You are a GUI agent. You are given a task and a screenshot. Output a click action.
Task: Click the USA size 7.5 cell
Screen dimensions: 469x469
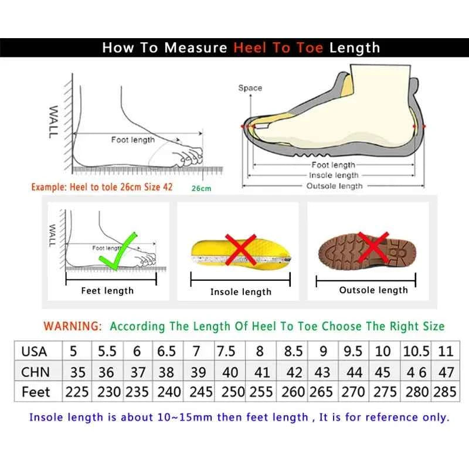pos(227,352)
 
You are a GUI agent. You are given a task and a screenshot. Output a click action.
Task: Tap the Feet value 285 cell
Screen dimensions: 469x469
pos(445,392)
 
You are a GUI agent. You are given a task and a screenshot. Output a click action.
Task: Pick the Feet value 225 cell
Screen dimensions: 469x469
pos(77,392)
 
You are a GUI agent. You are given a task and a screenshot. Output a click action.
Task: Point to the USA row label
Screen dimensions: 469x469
pos(34,352)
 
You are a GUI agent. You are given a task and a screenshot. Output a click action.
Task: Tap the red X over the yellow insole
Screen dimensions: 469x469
pos(240,249)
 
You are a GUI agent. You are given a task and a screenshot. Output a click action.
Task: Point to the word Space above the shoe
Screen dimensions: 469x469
pos(250,88)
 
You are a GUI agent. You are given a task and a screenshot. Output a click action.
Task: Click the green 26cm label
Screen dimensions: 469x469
pos(200,188)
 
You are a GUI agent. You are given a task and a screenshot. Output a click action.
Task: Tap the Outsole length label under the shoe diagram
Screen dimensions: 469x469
pos(335,186)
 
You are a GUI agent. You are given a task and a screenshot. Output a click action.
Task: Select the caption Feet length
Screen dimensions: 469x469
pos(107,290)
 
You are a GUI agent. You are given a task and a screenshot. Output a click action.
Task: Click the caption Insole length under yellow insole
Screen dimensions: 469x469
pos(241,291)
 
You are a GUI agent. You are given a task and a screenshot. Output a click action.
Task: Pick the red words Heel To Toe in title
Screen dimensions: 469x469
pos(279,47)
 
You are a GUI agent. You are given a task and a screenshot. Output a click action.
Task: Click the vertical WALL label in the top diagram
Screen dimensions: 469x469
pos(53,122)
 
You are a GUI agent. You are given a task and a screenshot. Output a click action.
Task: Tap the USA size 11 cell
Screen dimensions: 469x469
pos(446,352)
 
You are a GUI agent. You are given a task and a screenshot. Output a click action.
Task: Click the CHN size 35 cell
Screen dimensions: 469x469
pos(77,372)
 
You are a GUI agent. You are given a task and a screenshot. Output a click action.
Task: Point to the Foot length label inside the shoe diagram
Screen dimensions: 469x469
pos(333,165)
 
